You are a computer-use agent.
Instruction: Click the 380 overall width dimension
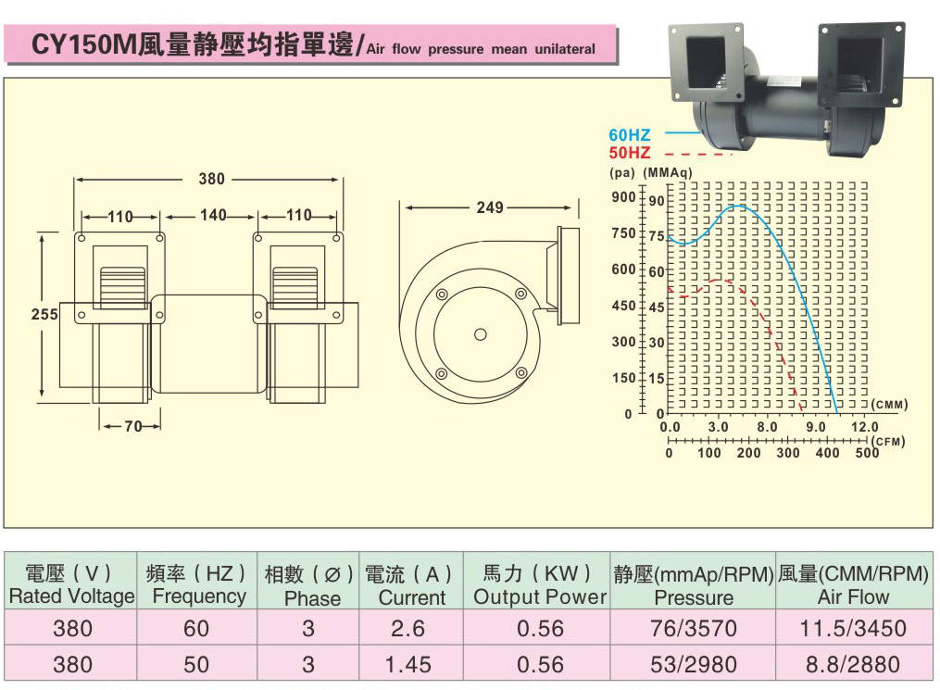tap(212, 180)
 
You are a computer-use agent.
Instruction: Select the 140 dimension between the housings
tap(213, 216)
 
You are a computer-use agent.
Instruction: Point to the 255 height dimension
tap(44, 315)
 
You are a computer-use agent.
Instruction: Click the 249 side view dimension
tap(490, 207)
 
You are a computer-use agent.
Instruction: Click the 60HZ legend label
tap(630, 136)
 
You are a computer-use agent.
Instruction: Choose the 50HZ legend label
tap(630, 153)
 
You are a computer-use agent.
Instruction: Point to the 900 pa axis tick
tap(624, 197)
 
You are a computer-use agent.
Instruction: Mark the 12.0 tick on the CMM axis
tap(864, 427)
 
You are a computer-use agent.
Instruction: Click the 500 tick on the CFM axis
tap(867, 453)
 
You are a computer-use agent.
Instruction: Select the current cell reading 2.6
tap(407, 629)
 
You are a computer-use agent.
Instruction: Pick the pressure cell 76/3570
tap(693, 629)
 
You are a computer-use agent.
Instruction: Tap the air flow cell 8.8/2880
tap(853, 664)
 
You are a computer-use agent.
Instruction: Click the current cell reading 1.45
tap(407, 664)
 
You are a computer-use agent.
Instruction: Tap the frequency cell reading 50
tap(196, 664)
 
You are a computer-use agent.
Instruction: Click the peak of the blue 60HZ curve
tap(738, 207)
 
